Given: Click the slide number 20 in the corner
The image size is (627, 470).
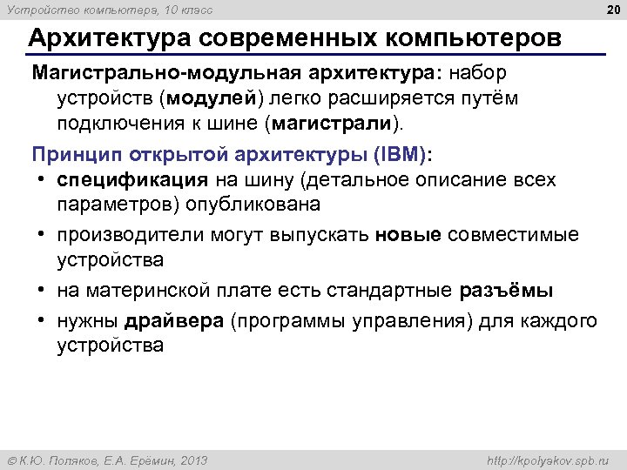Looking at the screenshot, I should pos(611,9).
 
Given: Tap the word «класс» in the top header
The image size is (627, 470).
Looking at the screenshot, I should pos(194,10).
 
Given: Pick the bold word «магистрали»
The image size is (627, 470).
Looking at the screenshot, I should pos(334,124).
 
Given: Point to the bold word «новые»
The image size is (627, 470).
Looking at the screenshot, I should pos(409,235).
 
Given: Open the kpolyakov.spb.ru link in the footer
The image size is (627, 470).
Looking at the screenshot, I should pos(549,460).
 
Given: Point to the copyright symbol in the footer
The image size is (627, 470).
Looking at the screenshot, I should pos(11,460).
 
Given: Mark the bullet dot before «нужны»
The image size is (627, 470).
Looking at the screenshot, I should pos(42,320).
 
